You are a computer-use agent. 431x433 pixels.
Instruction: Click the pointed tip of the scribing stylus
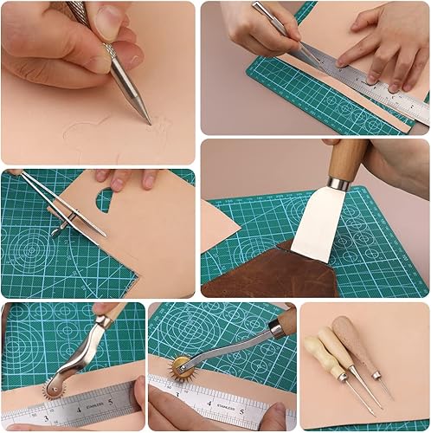pyautogui.click(x=150, y=123)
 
